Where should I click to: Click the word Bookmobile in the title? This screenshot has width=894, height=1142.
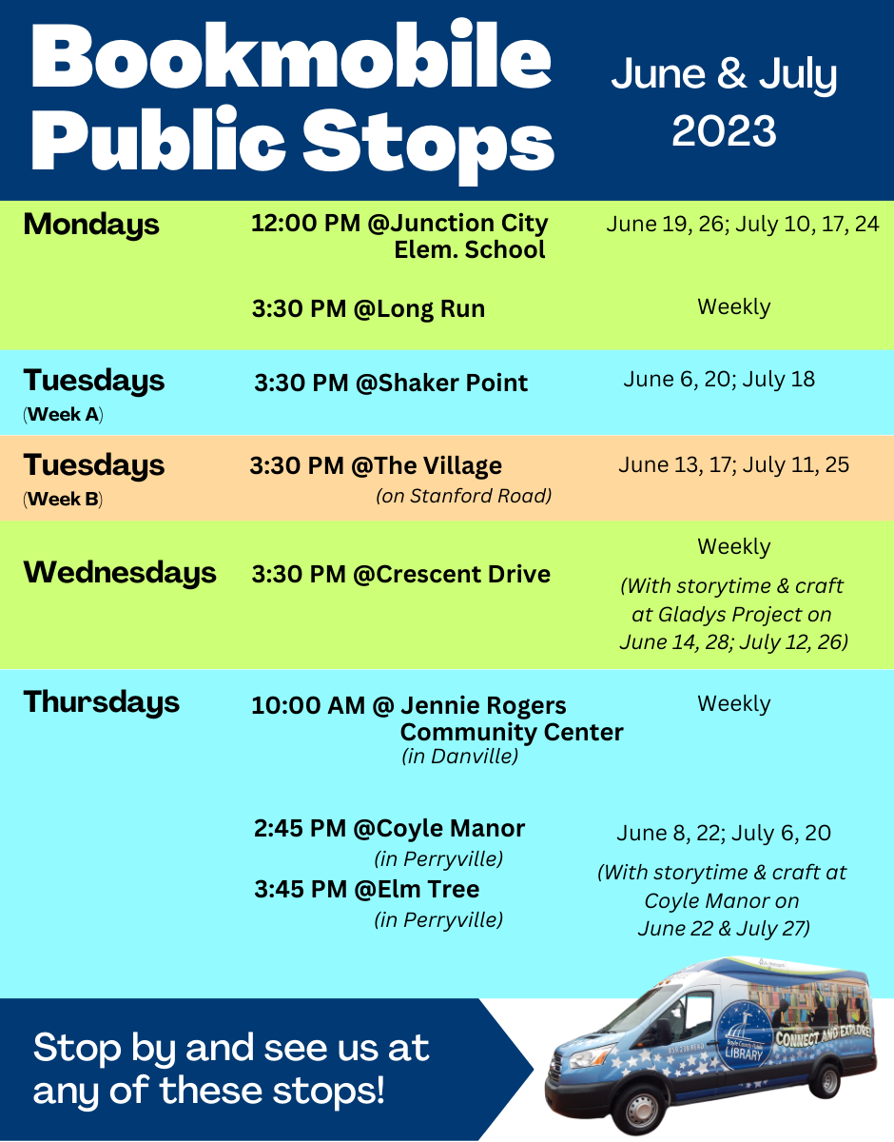[291, 57]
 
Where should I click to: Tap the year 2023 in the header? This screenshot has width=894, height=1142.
[724, 131]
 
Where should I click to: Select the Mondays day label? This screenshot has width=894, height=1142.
[90, 225]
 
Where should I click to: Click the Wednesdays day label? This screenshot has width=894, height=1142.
[120, 572]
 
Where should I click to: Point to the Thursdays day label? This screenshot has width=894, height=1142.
[102, 702]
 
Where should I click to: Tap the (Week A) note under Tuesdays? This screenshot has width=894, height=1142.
[63, 414]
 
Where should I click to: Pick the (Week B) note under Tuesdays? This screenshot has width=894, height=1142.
[63, 499]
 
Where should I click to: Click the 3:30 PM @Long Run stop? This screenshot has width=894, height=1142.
[368, 308]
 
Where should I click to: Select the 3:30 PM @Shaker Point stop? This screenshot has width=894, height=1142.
[391, 383]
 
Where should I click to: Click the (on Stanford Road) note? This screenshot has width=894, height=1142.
[463, 496]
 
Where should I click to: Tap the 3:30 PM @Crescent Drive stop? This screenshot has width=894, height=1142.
[400, 574]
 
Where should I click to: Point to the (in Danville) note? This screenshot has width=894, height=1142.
[460, 757]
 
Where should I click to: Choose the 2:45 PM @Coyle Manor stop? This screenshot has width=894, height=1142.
[389, 828]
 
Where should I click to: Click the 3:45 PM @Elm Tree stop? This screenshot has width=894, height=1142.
[366, 889]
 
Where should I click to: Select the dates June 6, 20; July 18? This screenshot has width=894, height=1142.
[719, 380]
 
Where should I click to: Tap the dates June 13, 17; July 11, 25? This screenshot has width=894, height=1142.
[733, 465]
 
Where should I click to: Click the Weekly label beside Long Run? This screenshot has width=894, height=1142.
[734, 307]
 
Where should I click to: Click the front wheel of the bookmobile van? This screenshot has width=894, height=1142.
[642, 1109]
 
